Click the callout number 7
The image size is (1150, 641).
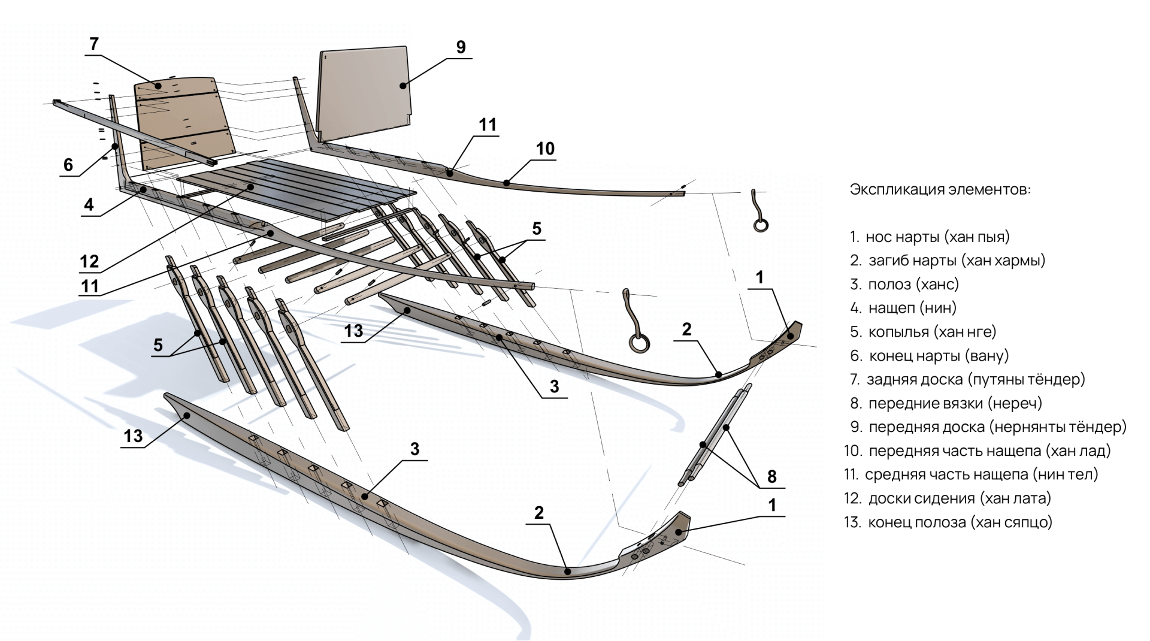tap(93, 44)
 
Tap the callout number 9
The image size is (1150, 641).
tap(461, 47)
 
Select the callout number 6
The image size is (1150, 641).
tap(68, 165)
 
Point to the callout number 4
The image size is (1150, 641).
tap(89, 205)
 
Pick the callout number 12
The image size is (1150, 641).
tap(89, 261)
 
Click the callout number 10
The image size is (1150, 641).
tap(545, 149)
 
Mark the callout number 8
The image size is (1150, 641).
tap(771, 477)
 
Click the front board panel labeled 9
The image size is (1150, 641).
tap(365, 90)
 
